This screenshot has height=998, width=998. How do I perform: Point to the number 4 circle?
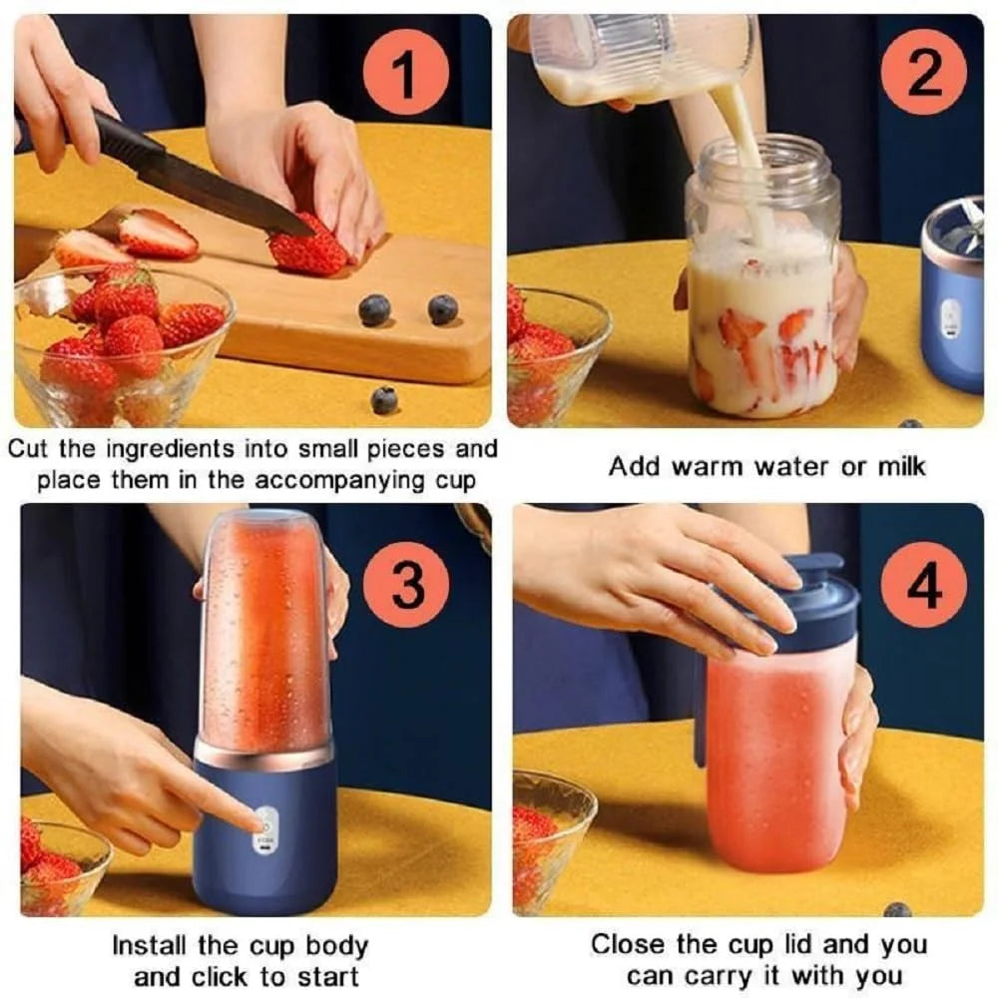click(x=923, y=586)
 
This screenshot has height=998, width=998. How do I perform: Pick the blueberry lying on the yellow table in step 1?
click(x=384, y=400)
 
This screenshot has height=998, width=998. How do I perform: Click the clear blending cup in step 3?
click(x=264, y=629)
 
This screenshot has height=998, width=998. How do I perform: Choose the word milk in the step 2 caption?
click(x=898, y=466)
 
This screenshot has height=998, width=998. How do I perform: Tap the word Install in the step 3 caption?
click(x=148, y=945)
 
